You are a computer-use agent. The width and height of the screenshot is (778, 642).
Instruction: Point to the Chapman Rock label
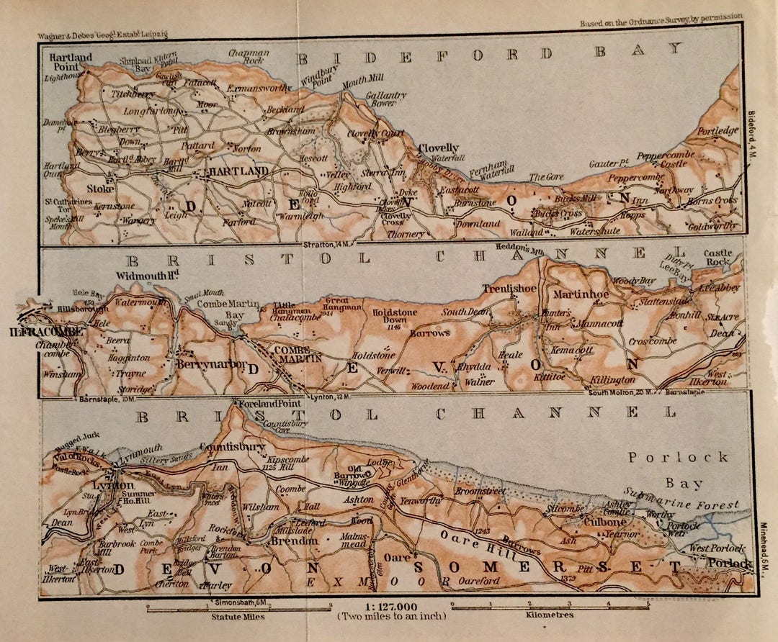[249, 58]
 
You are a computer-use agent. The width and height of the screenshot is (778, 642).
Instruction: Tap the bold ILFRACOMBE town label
[43, 332]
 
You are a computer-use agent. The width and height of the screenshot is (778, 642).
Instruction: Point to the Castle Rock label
[718, 258]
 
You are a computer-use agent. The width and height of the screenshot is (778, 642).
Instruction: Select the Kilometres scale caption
[549, 616]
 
